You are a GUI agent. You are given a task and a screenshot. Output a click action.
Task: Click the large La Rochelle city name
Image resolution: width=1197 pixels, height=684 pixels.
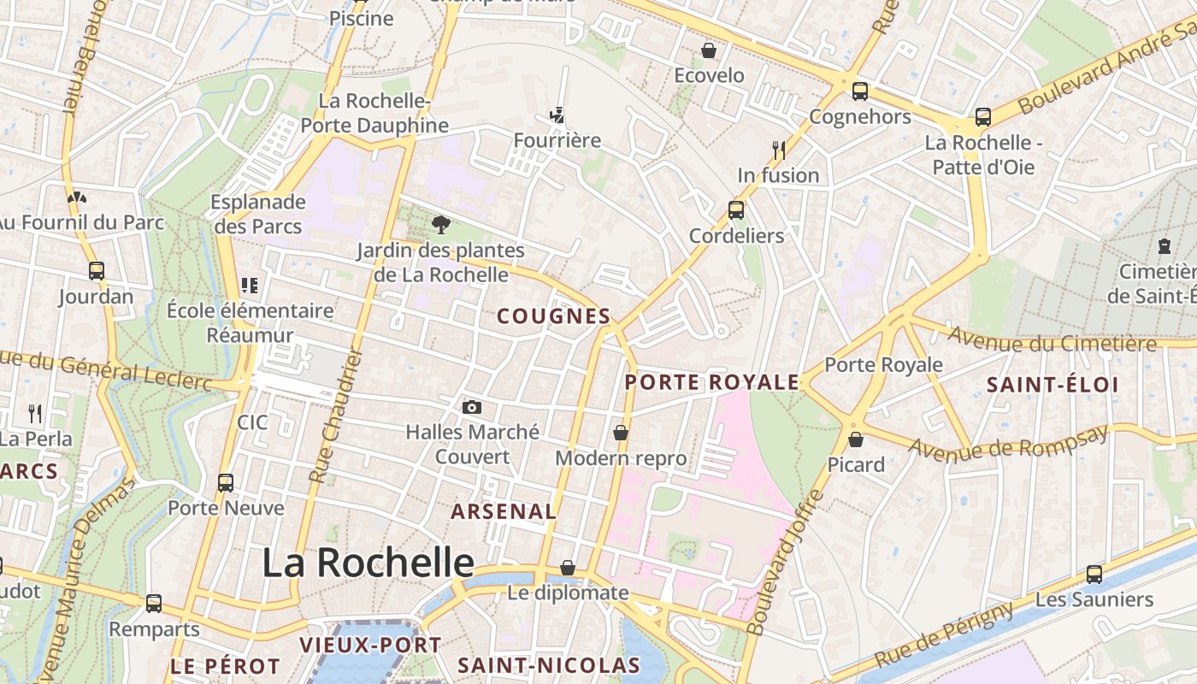(368, 563)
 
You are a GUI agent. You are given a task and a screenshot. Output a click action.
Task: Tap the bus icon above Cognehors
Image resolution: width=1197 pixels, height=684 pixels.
(860, 91)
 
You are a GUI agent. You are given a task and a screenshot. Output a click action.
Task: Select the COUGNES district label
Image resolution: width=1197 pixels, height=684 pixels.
(554, 316)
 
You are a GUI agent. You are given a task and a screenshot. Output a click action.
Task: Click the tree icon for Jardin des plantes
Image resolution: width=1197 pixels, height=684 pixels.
(441, 225)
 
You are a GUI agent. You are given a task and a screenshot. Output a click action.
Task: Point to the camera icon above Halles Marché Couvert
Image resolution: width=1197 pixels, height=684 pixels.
(472, 408)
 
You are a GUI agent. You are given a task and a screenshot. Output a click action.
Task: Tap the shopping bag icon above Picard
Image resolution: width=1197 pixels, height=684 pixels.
(856, 439)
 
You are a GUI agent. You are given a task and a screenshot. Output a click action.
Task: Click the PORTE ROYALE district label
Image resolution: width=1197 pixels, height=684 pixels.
(712, 382)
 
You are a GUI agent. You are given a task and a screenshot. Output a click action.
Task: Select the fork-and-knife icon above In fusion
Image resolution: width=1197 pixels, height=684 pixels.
(779, 150)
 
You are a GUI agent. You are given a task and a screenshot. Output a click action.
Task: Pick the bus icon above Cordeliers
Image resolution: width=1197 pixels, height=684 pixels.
(736, 209)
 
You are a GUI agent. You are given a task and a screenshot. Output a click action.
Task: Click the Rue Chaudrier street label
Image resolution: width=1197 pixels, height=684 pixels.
(335, 415)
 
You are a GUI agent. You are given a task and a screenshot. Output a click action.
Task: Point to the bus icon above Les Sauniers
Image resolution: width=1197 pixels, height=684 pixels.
(1094, 575)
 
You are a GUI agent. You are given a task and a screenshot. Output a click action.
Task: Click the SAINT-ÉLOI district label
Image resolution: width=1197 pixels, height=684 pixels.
(1053, 385)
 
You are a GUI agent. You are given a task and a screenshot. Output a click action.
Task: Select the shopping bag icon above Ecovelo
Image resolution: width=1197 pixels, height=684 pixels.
(709, 51)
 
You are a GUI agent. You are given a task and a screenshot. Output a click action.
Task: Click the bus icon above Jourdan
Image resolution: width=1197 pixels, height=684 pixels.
(97, 271)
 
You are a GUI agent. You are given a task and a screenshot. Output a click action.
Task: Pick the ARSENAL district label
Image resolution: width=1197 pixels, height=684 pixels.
(504, 511)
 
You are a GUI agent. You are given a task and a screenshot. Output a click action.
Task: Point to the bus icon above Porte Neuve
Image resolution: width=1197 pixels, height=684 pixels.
(226, 482)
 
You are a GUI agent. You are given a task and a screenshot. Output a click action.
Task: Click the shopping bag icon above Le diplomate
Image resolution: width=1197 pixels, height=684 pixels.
(568, 568)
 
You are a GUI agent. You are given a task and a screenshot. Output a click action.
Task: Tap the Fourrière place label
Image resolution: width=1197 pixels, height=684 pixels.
(557, 139)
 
